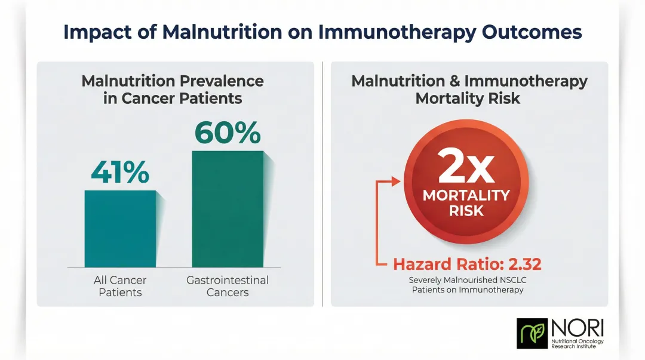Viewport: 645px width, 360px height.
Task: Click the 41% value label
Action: point(120,173)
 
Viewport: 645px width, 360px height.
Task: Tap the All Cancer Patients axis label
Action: point(120,286)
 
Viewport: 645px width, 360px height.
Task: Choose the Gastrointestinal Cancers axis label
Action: point(228,286)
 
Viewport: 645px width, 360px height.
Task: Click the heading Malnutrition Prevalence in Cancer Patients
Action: point(173,90)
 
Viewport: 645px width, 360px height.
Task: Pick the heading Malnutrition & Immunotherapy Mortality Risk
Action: point(469,90)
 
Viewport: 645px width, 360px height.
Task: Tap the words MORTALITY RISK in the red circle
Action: point(466,203)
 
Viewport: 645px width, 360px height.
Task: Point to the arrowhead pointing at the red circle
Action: point(396,181)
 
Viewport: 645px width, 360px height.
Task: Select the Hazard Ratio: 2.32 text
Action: point(467,264)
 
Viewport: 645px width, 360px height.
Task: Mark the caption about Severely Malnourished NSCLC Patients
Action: point(467,285)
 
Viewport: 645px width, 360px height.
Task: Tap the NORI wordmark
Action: point(578,327)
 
